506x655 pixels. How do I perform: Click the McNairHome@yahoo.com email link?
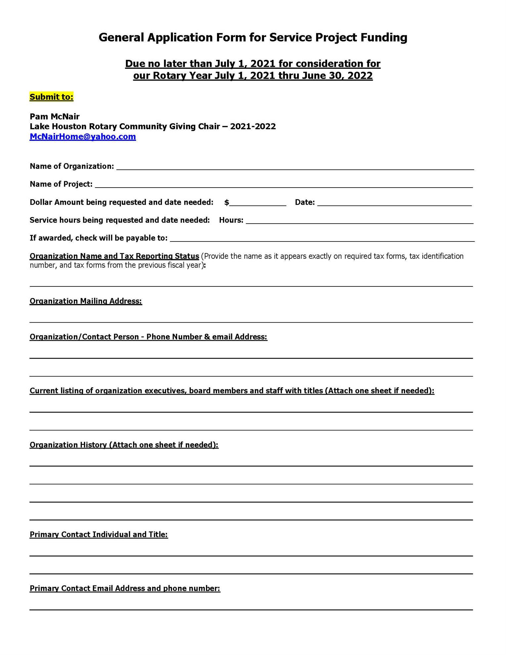click(x=83, y=137)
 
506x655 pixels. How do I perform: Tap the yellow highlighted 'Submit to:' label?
click(x=51, y=97)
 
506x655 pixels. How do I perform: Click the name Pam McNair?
click(x=55, y=116)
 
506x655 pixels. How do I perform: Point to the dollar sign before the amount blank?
click(x=227, y=202)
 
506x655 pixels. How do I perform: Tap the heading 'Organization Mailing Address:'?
click(x=86, y=301)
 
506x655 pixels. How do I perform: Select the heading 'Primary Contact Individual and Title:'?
click(x=99, y=535)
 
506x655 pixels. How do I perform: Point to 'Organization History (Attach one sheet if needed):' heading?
click(x=124, y=445)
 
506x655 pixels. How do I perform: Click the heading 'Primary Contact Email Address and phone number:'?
click(x=125, y=589)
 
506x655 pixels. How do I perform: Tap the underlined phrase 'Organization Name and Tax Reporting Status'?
click(x=114, y=256)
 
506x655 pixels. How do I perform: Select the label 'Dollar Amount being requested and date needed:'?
click(x=121, y=202)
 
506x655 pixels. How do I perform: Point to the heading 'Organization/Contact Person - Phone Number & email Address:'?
click(x=148, y=337)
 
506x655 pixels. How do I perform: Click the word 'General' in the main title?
click(x=121, y=37)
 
